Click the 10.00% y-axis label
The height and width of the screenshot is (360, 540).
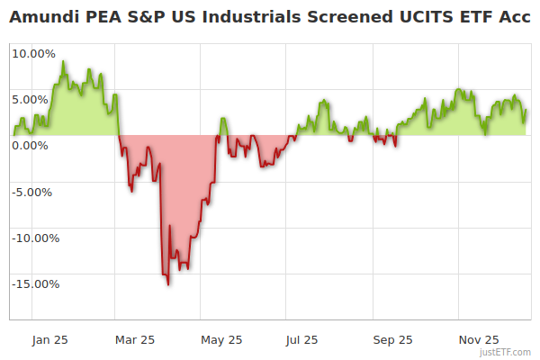click(33, 53)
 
